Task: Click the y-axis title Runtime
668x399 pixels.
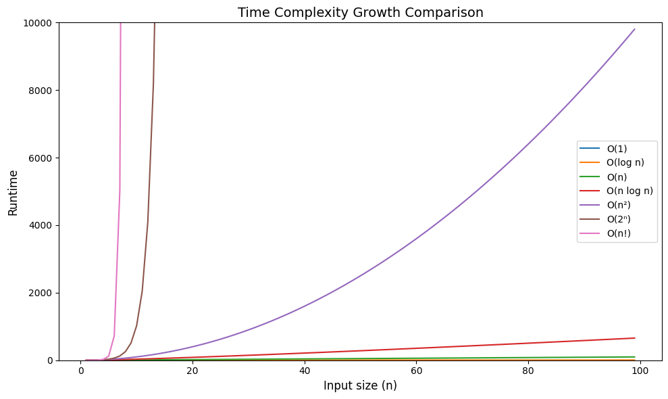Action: tap(13, 192)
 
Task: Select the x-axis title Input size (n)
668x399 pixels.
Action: tap(360, 385)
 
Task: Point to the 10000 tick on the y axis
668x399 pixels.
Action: tap(38, 23)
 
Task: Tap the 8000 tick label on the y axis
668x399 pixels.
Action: tap(41, 91)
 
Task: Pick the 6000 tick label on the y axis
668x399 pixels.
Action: tap(41, 158)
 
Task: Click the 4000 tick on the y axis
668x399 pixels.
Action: tap(41, 225)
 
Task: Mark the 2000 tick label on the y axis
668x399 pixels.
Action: tap(41, 293)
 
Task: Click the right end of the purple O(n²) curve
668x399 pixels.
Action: tap(635, 29)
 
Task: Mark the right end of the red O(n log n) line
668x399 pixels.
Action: tap(635, 338)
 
